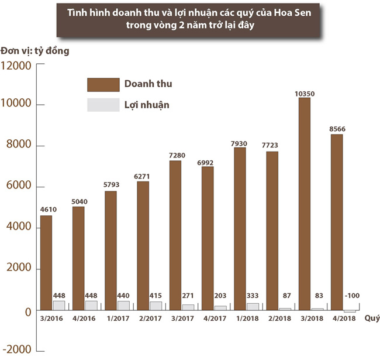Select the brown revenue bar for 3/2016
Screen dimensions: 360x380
click(x=46, y=263)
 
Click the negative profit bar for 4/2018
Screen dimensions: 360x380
click(x=349, y=311)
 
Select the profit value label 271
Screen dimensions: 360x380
click(x=188, y=297)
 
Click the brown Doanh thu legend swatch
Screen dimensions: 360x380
click(x=102, y=84)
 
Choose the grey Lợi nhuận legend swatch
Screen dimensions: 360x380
click(x=102, y=105)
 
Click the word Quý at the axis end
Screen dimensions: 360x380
click(x=370, y=318)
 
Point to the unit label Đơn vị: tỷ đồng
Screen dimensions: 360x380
click(x=35, y=50)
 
